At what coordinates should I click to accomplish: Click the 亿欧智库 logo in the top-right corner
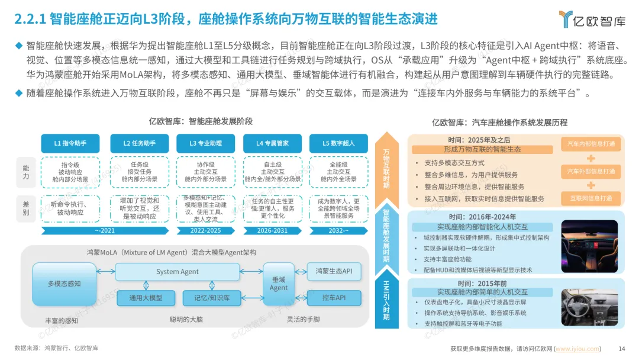[x=592, y=19]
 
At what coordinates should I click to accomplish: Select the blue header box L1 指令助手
[x=70, y=143]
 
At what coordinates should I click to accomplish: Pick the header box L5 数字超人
[x=334, y=143]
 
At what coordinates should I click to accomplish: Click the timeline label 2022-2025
[x=205, y=231]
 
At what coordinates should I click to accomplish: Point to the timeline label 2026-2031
[x=272, y=231]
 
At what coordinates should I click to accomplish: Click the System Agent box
[x=177, y=272]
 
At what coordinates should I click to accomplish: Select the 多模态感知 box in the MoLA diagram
[x=64, y=284]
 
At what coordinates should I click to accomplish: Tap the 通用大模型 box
[x=146, y=298]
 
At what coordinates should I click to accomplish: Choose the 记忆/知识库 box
[x=207, y=298]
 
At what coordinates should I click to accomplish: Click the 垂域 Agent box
[x=279, y=283]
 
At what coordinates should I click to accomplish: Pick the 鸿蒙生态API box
[x=334, y=272]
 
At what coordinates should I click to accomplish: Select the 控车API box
[x=334, y=298]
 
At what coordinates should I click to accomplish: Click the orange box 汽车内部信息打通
[x=590, y=144]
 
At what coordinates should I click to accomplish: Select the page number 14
[x=622, y=349]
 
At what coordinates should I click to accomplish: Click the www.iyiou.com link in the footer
[x=577, y=349]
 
